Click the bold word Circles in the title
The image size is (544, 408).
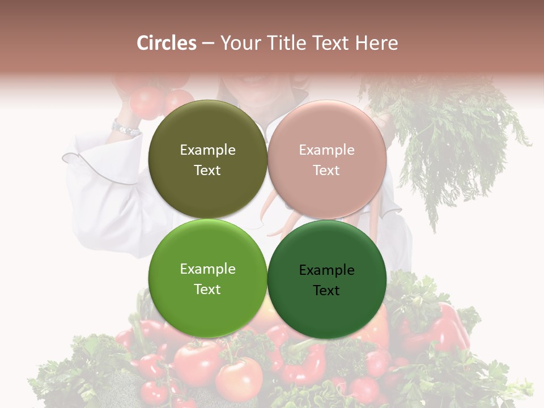[x=166, y=43]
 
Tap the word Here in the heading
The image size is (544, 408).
[x=376, y=43]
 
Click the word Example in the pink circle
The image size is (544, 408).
[x=326, y=150]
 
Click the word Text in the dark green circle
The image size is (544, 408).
[x=326, y=291]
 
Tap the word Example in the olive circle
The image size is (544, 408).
[x=207, y=150]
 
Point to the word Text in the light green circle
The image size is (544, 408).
[x=207, y=290]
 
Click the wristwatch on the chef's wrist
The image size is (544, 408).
[x=125, y=129]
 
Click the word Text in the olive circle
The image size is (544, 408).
[x=207, y=171]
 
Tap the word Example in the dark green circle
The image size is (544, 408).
[x=326, y=270]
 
